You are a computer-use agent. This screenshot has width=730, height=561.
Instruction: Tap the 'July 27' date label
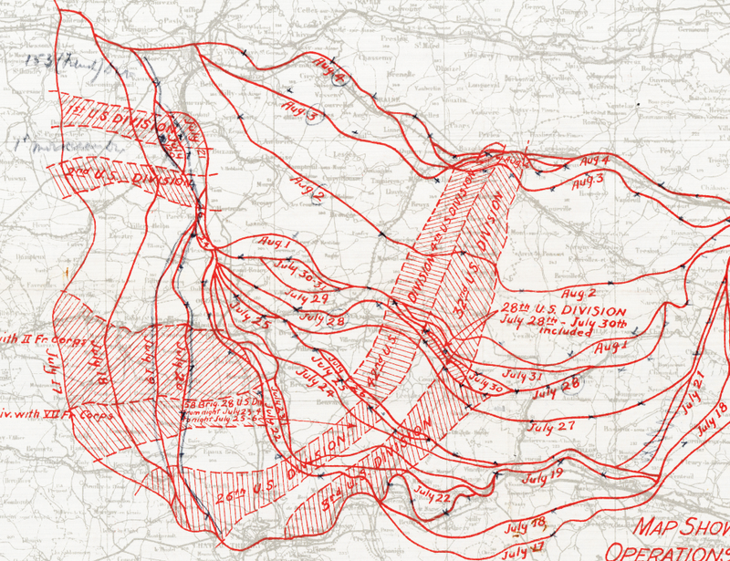[x=553, y=426]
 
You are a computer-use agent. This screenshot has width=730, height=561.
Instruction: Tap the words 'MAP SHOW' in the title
[x=680, y=529]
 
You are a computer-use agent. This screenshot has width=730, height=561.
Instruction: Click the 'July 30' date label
[x=488, y=387]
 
